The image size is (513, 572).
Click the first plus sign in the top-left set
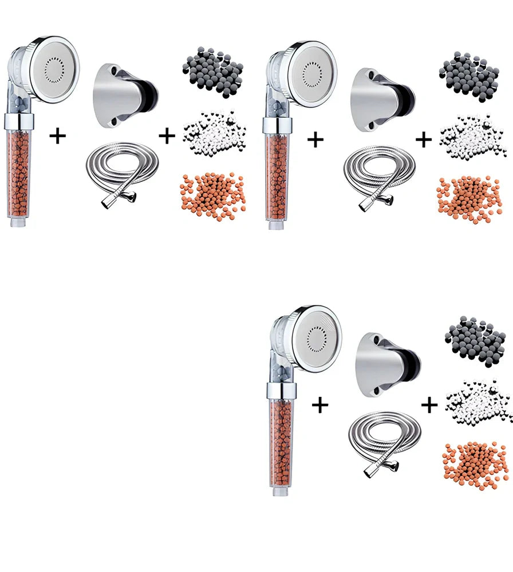tap(58, 136)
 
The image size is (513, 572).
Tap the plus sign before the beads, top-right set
tap(424, 140)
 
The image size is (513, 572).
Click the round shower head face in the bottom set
tap(317, 338)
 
